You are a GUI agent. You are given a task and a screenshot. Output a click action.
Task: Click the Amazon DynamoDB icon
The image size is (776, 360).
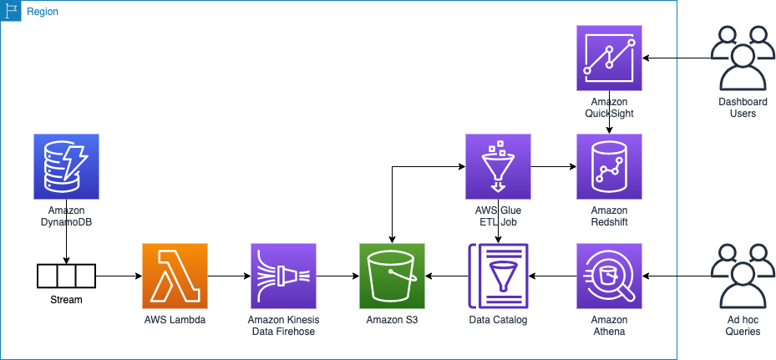click(x=66, y=166)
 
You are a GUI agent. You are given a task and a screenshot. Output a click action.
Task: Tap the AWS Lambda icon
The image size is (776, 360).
click(x=175, y=276)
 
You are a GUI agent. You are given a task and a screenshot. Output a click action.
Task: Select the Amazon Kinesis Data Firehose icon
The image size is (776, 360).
click(x=283, y=276)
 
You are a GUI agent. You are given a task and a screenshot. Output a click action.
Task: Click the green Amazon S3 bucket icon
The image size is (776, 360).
click(x=393, y=276)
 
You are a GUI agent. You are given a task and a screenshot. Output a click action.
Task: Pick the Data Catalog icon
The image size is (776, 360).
click(x=498, y=276)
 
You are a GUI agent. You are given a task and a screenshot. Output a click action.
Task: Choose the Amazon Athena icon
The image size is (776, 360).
click(x=609, y=276)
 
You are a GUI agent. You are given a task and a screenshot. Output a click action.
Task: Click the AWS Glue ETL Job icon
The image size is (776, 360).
click(x=498, y=166)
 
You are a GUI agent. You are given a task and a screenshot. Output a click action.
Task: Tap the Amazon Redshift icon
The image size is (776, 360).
click(x=609, y=166)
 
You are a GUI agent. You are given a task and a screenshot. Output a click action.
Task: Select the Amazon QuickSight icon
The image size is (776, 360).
click(x=609, y=58)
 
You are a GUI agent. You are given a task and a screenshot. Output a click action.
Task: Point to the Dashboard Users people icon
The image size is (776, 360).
click(x=743, y=58)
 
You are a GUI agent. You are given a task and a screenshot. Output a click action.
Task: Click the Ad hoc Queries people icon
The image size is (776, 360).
click(x=743, y=276)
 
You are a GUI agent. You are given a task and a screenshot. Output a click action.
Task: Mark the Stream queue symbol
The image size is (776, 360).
click(x=66, y=276)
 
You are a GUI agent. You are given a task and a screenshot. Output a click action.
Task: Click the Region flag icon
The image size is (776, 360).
click(x=11, y=11)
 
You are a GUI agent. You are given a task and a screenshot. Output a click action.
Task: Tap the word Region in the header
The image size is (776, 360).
click(x=43, y=12)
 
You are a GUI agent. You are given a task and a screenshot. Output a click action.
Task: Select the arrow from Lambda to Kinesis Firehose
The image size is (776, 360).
click(x=229, y=276)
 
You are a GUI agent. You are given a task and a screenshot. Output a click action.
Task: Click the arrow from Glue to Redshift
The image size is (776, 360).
click(x=553, y=166)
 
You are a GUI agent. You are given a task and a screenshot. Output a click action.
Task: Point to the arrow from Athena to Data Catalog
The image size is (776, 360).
click(x=552, y=276)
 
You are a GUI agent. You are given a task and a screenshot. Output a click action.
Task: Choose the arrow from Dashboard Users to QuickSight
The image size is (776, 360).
click(x=677, y=58)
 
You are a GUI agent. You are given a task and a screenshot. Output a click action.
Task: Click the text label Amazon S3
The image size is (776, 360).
click(x=393, y=320)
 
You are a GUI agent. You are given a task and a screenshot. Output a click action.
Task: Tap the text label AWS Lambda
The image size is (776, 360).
click(x=175, y=320)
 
